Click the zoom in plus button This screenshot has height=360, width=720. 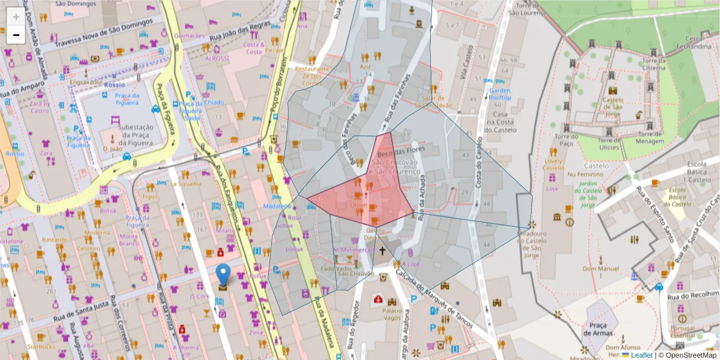point(16,16)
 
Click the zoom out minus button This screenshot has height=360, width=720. point(16,35)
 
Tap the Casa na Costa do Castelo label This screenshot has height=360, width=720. point(500,122)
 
